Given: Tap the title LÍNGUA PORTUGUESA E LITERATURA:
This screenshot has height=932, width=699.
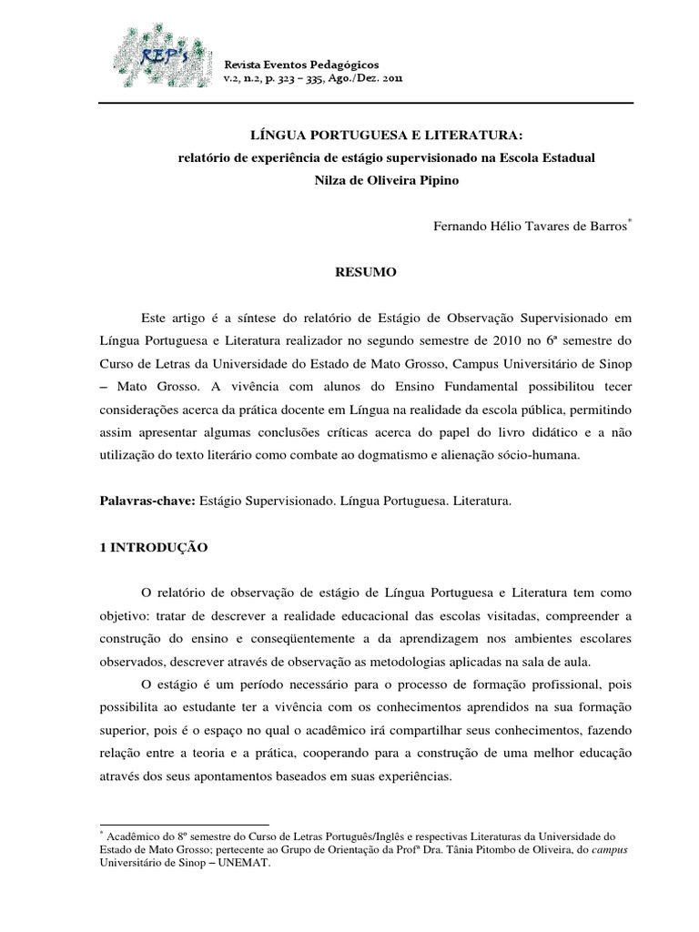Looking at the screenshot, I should tap(388, 136).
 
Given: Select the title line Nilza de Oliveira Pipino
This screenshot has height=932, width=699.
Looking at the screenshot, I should tap(387, 179).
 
